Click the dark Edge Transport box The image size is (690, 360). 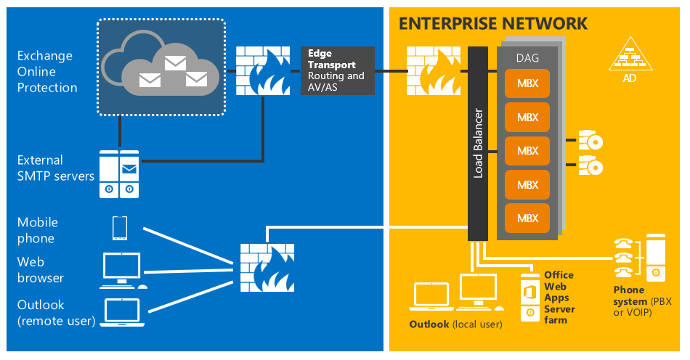pos(337,70)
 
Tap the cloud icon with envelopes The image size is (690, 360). pos(161,67)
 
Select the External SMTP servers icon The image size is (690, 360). pos(119,174)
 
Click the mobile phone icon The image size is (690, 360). pos(120,228)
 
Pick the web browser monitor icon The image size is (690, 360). pos(121,269)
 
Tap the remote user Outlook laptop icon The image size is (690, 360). pos(121,311)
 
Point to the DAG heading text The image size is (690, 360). pos(527,57)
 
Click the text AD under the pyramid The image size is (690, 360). pos(629,78)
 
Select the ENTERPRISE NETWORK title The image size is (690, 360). pos(493,23)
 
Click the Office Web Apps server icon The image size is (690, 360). pos(530,298)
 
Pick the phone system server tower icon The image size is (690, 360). pos(655,257)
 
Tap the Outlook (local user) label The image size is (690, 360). pos(455,324)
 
